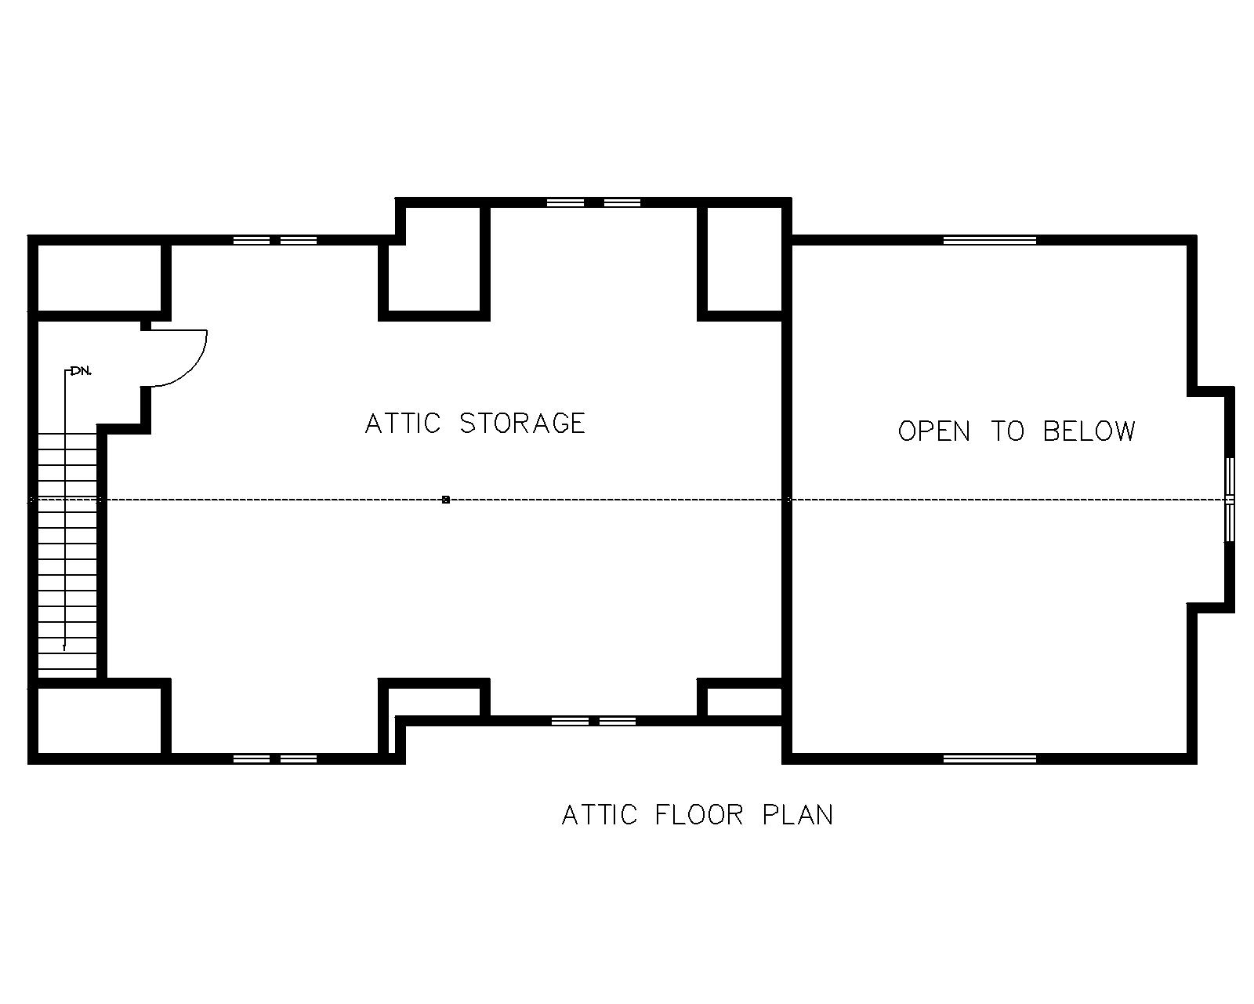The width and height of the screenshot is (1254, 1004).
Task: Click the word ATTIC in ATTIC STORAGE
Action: point(404,424)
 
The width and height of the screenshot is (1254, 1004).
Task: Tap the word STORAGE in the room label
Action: point(522,424)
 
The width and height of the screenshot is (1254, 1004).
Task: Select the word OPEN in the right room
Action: point(933,431)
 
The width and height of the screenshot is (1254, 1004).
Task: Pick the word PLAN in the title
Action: point(798,815)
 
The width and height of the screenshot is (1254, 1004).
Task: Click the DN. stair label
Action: point(81,370)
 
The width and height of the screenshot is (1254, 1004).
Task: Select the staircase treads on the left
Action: point(67,549)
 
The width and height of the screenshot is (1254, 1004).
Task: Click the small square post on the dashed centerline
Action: point(446,500)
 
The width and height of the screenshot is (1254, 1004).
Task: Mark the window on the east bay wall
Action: point(1230,500)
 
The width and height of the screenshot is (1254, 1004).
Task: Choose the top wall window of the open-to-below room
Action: point(990,240)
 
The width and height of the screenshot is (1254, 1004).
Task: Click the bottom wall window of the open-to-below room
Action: point(990,758)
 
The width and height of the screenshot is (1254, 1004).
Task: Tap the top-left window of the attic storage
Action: point(275,240)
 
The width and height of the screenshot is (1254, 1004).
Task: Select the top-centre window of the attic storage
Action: point(594,202)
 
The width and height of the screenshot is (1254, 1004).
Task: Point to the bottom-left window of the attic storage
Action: point(275,758)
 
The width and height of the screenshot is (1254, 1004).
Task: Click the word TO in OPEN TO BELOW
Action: point(1007,431)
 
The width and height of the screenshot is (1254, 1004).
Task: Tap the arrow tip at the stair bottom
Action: point(64,648)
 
